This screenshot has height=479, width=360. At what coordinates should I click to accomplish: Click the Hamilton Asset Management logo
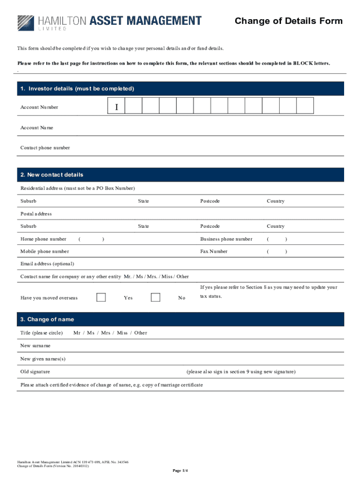[109, 22]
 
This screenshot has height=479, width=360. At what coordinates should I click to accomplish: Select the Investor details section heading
[77, 88]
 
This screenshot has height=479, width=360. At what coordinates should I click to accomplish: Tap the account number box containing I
[116, 107]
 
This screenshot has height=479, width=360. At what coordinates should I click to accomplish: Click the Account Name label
[37, 128]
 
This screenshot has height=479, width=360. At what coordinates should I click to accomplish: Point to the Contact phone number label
[45, 148]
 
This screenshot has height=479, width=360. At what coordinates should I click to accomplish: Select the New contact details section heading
[52, 175]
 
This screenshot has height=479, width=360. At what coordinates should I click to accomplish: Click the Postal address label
[36, 214]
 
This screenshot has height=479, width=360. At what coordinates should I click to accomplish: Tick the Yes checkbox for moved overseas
[101, 298]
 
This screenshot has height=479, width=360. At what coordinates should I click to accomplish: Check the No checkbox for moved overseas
[156, 298]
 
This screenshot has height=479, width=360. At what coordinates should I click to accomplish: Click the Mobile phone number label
[44, 252]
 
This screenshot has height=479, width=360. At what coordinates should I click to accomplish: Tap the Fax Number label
[214, 252]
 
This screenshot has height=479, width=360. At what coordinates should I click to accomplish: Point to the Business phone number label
[226, 239]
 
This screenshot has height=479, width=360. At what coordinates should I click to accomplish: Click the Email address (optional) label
[47, 264]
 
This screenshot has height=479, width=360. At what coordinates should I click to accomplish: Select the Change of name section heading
[47, 319]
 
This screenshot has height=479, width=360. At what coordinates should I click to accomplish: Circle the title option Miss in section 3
[122, 333]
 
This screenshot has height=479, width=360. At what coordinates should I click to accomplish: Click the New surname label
[36, 346]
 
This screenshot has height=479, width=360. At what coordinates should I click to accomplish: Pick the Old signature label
[36, 372]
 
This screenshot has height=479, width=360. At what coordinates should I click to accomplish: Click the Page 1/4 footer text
[180, 470]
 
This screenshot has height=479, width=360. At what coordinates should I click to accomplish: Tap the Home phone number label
[43, 239]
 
